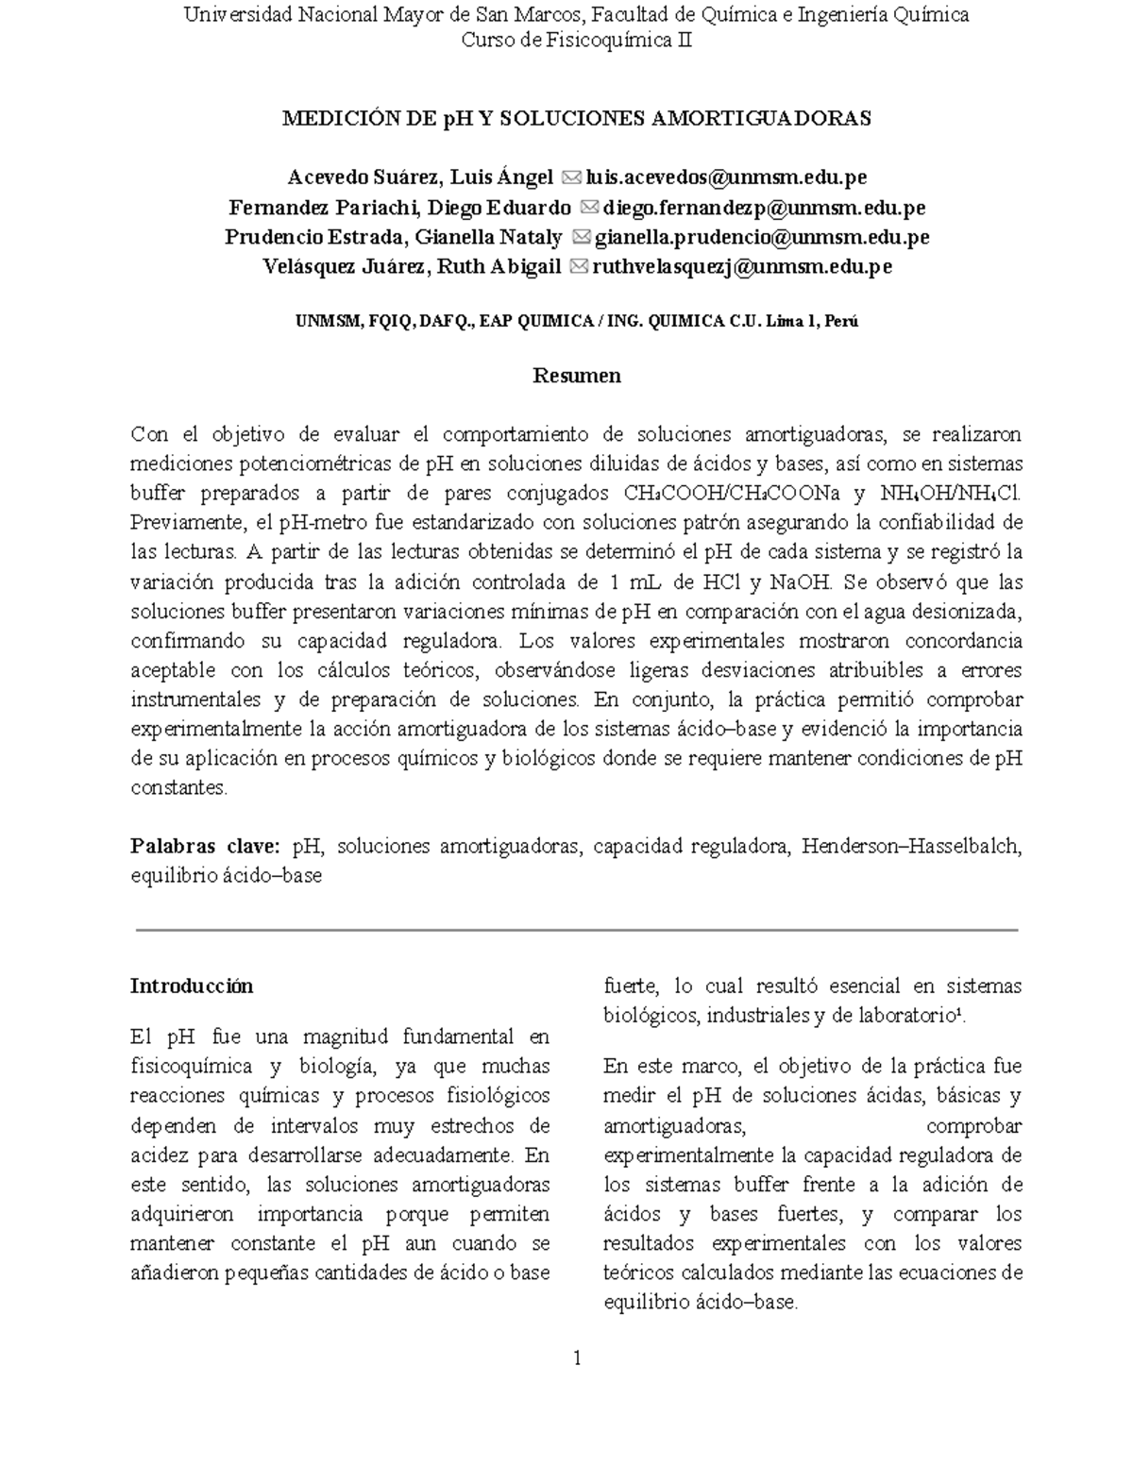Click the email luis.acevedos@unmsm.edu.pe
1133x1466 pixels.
tap(726, 177)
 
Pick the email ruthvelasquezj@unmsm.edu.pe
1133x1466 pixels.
tap(741, 267)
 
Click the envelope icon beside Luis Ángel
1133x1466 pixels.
tap(571, 177)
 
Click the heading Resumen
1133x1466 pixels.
tap(577, 376)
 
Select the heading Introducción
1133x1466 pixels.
tap(192, 986)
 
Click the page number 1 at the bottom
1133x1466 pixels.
tap(577, 1358)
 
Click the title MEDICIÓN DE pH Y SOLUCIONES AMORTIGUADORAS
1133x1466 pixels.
tap(577, 118)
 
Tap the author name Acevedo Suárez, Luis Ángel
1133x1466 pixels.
tap(420, 177)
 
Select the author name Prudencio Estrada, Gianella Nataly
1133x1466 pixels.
tap(393, 237)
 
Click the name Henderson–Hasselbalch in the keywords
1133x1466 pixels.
tap(911, 846)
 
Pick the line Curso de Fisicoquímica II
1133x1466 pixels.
tap(577, 41)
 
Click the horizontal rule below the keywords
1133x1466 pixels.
tap(577, 930)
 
